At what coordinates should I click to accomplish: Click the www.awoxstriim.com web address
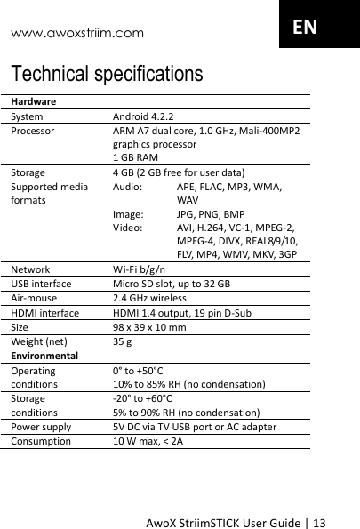coord(76,34)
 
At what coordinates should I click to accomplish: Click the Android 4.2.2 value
coord(143,116)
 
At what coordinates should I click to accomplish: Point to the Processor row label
coord(32,131)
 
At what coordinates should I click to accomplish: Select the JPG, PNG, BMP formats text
coord(211,214)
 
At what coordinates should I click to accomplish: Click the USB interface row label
coord(42,284)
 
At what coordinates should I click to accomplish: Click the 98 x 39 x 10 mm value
coord(149,326)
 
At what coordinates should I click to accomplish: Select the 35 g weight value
coord(123,341)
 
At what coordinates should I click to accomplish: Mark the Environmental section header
coord(44,355)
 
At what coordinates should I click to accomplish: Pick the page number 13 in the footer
coord(344,518)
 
